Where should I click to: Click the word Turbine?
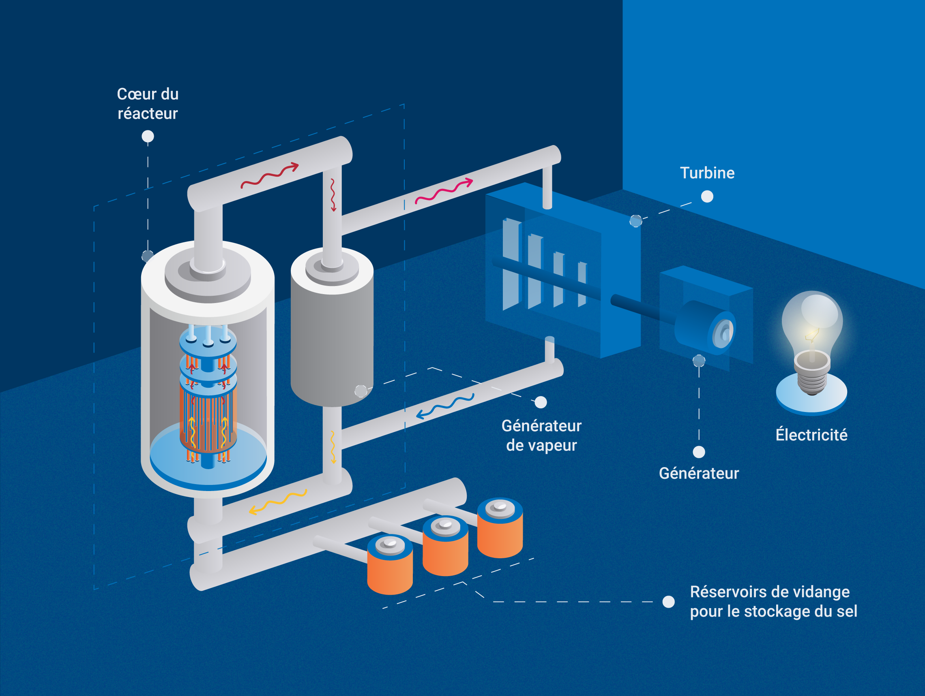coord(707,173)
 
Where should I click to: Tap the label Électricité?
coord(811,435)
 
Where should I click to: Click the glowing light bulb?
coord(812,322)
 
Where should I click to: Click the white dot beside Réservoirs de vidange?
coord(668,602)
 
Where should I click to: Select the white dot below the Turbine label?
coord(707,196)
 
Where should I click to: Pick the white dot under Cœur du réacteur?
coord(148,136)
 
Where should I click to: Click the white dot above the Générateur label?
coord(699,452)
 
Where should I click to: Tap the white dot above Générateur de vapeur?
coord(541,402)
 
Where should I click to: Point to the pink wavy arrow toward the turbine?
coord(443,192)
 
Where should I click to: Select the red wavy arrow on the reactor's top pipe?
coord(269,175)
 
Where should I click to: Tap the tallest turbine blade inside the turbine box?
coord(511,263)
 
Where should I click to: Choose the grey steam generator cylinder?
coord(332,334)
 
